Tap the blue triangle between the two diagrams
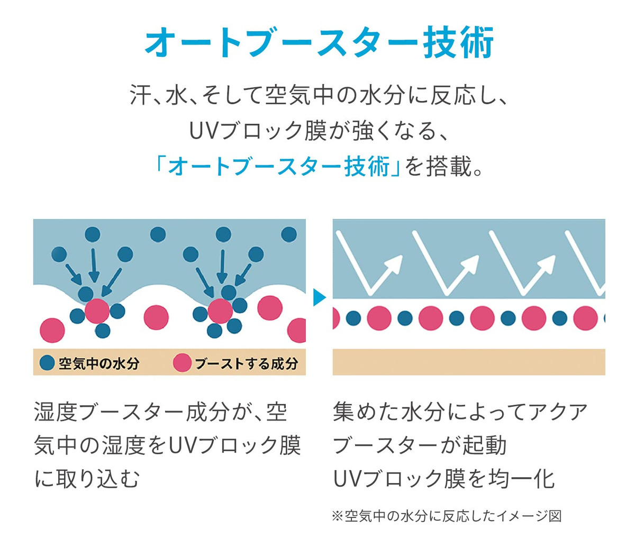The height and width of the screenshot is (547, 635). coord(319,297)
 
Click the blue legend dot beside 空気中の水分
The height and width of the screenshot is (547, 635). coord(48,363)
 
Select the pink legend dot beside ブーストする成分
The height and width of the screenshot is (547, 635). coord(182,363)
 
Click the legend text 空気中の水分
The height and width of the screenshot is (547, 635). coord(99,363)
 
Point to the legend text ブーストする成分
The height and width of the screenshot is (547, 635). coord(247,363)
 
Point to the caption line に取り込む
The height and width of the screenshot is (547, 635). coord(87,479)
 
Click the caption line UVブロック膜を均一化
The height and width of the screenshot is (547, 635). coord(444,479)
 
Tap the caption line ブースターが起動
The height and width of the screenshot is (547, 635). coord(420,445)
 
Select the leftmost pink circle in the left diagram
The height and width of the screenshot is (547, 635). coord(52,330)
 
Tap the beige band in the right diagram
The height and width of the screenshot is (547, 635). coord(469,362)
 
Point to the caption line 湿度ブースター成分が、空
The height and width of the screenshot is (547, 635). coord(161,412)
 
